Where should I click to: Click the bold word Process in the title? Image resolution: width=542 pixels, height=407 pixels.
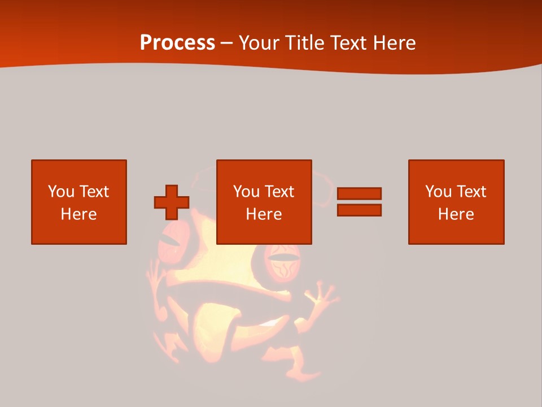click(177, 43)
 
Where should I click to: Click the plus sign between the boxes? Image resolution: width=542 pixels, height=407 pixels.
click(172, 202)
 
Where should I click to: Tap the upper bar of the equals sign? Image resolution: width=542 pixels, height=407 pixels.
click(359, 193)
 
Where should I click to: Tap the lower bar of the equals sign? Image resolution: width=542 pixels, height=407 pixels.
click(359, 210)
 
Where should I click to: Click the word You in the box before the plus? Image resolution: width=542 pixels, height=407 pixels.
click(61, 192)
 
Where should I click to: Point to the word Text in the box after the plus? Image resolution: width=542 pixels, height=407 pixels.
click(279, 192)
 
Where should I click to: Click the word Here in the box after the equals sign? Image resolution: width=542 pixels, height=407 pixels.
click(456, 214)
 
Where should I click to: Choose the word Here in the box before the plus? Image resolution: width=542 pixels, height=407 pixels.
click(79, 214)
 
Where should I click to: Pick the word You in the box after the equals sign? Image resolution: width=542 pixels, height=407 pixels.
click(438, 192)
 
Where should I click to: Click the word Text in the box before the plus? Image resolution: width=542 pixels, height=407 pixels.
click(94, 192)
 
